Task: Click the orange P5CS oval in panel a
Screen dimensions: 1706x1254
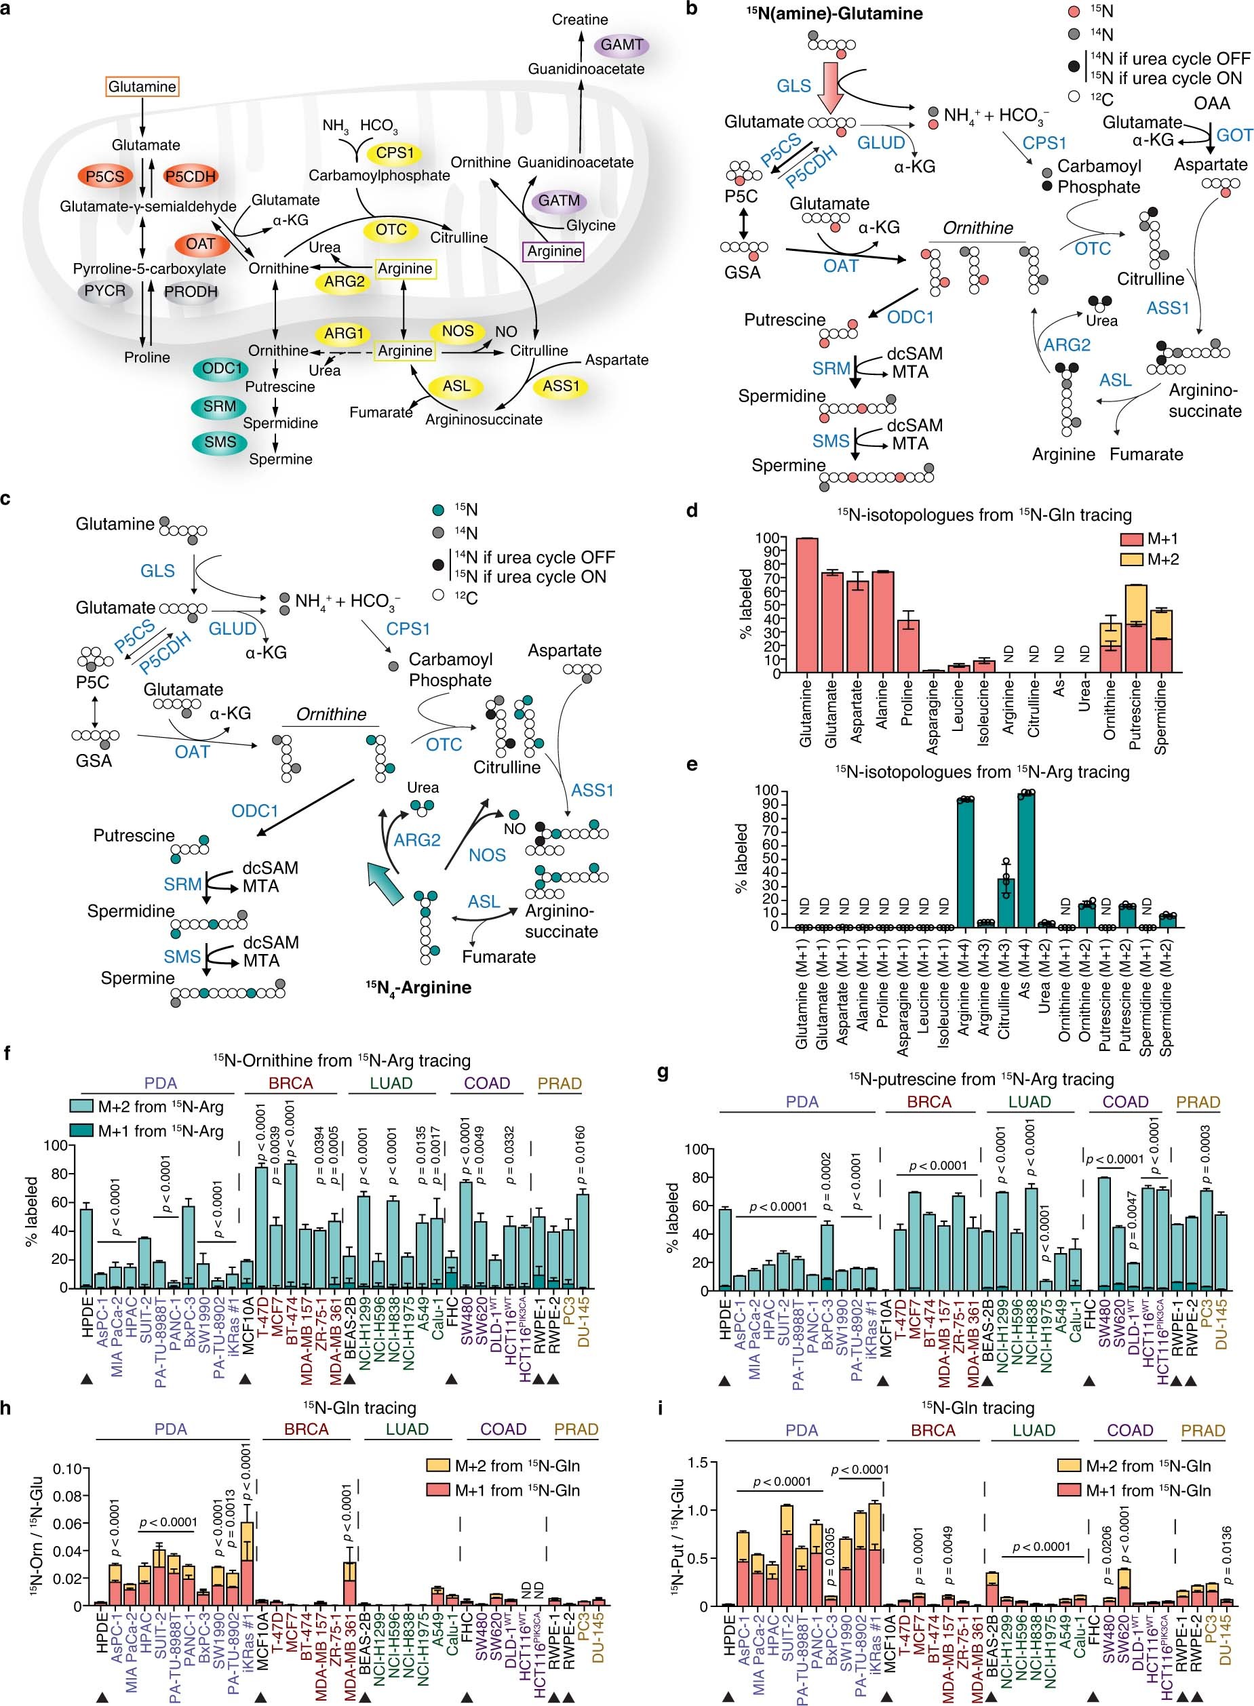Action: coord(104,177)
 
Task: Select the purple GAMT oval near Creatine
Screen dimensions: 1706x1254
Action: coord(622,45)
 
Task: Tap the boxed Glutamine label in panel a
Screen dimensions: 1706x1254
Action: coord(142,87)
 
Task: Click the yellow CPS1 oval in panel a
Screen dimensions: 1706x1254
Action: coord(395,153)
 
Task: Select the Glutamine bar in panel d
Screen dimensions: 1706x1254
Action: coord(807,605)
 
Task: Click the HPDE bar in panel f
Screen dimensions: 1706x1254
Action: coord(87,1248)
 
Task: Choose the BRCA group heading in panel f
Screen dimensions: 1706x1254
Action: coord(291,1083)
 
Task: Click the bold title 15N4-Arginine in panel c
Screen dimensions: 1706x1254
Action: coord(418,987)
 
